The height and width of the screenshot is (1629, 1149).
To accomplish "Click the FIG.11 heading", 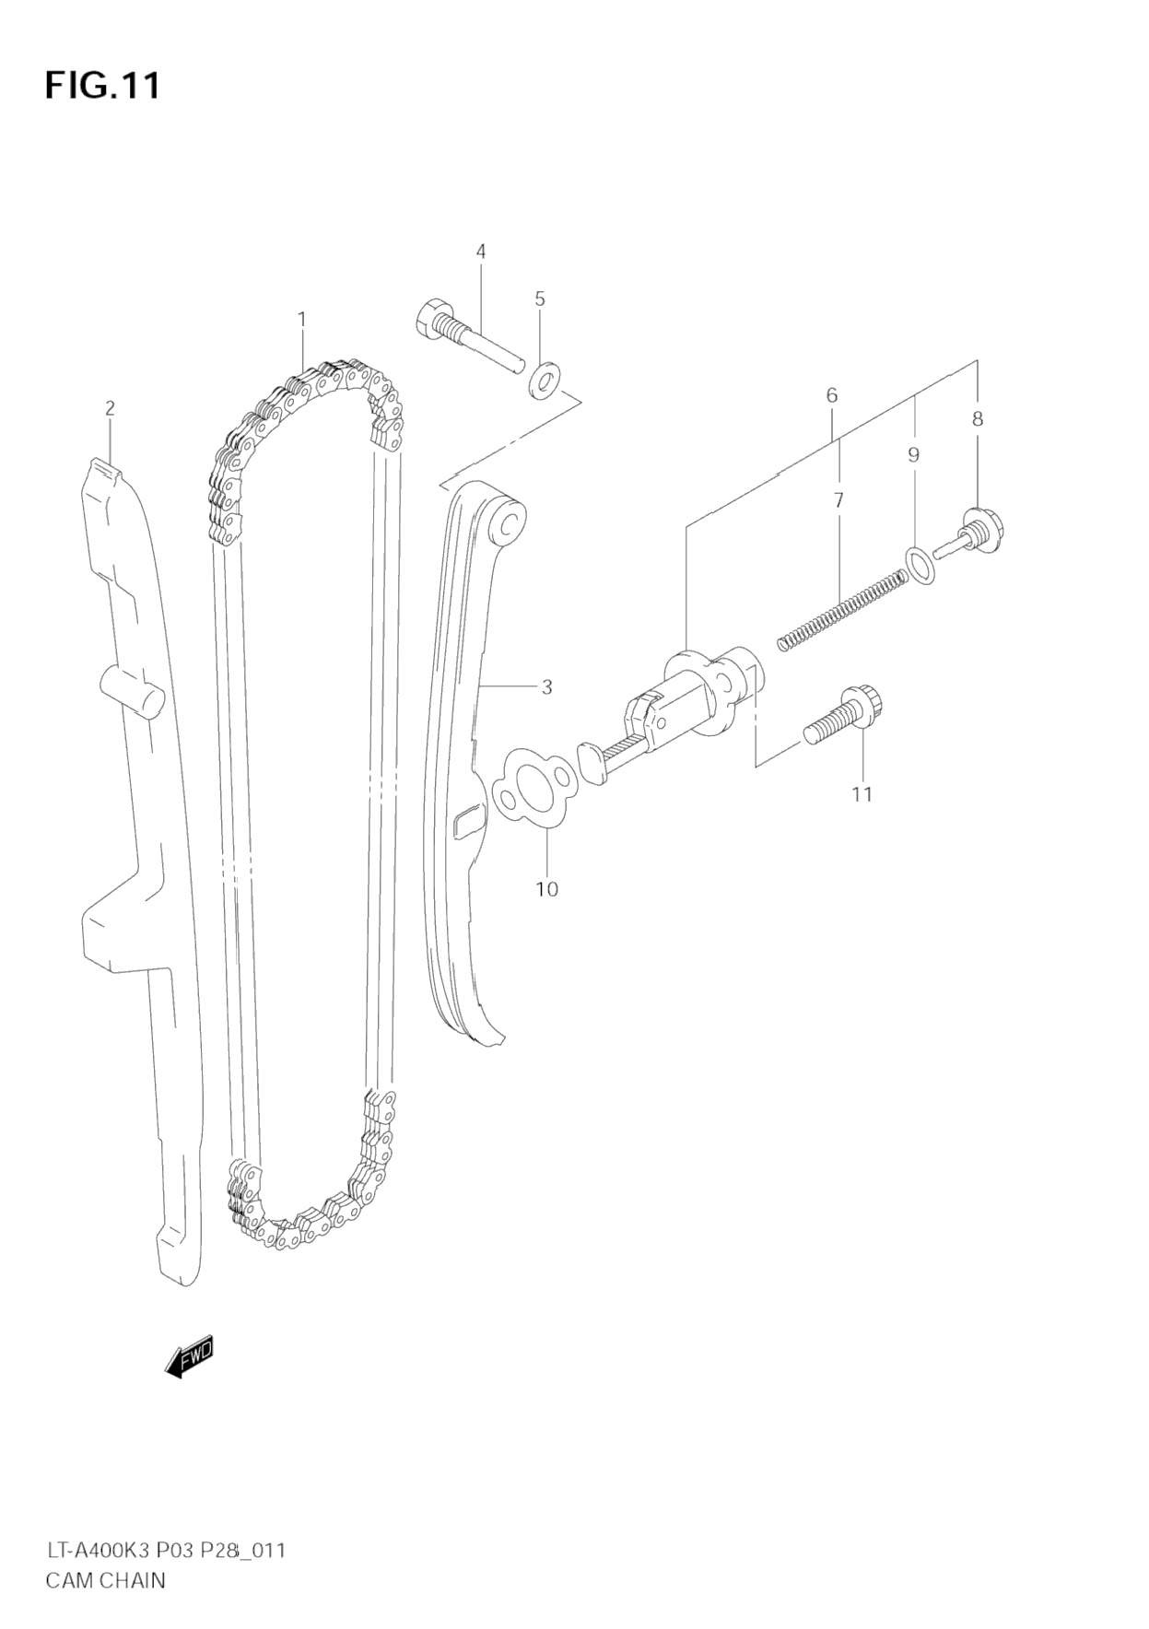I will (102, 85).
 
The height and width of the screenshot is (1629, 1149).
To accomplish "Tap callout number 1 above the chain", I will (301, 319).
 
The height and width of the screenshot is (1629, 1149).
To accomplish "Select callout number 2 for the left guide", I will (110, 407).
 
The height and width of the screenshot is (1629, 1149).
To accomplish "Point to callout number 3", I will (546, 686).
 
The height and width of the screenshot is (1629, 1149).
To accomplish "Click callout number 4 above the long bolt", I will (481, 251).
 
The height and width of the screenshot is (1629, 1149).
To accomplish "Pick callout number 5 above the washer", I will (540, 299).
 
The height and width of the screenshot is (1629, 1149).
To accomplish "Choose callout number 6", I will (832, 395).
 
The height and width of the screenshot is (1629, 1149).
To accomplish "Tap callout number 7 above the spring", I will (838, 500).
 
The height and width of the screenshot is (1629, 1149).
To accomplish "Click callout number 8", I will (978, 418).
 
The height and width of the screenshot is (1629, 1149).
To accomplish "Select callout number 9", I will (913, 454).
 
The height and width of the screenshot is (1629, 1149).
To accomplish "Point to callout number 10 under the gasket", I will (546, 889).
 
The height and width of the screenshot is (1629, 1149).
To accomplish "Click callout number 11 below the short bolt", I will (862, 793).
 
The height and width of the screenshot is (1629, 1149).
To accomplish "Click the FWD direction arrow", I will (190, 1355).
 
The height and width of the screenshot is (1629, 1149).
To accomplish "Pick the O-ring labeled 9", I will (920, 565).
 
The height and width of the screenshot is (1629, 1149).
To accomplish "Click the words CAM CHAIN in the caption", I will (105, 1580).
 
